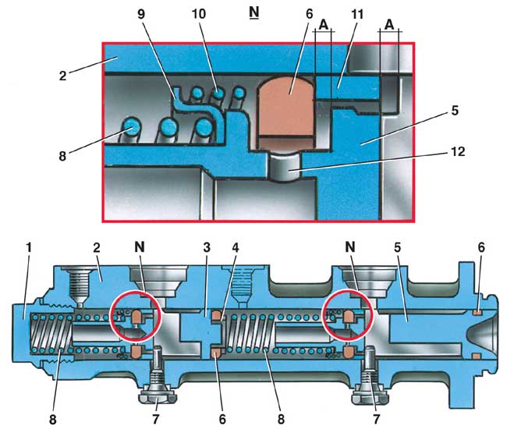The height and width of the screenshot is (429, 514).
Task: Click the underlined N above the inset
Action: pos(254,12)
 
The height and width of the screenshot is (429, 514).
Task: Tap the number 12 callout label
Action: pos(458,152)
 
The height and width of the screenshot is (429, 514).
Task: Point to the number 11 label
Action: pos(357,14)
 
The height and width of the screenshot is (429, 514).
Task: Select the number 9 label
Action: pos(141,14)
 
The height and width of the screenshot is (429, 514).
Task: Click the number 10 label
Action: pos(199,14)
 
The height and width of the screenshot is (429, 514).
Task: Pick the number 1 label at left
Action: pos(29,248)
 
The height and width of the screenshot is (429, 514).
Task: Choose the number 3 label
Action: pos(206,248)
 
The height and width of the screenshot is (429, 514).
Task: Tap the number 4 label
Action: pos(236,248)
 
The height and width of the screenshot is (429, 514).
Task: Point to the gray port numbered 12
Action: pos(284,167)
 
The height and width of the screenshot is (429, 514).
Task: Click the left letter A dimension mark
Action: pos(324,25)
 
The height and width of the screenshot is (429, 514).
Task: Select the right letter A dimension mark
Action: pos(389,25)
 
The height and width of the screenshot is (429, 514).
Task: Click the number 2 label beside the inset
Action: pos(62,76)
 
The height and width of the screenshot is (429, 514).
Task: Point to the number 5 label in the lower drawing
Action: pos(397,248)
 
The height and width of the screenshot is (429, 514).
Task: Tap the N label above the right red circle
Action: pos(350,248)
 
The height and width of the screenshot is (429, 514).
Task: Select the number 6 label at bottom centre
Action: pos(222,420)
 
